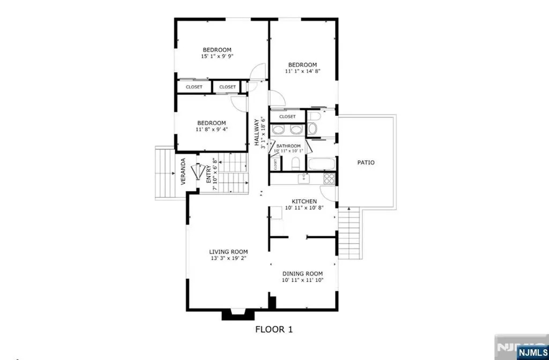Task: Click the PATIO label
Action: [367, 162]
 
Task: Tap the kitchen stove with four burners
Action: [329, 178]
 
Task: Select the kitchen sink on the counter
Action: [301, 177]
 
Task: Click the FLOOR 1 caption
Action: [274, 329]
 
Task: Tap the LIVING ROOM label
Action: [228, 251]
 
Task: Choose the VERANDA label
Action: [183, 171]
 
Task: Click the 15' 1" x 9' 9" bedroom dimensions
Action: [217, 56]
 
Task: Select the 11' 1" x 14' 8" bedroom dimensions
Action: [303, 71]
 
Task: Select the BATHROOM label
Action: [288, 146]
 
